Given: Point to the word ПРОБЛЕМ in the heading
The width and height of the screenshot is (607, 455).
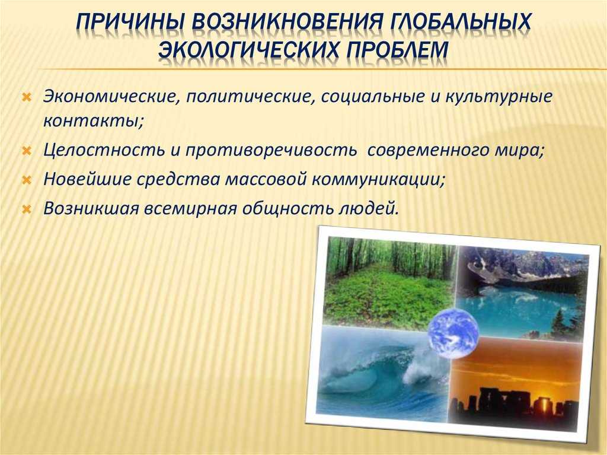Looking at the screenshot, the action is coord(398,50).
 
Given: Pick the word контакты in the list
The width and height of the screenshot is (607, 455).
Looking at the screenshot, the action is coord(93,121).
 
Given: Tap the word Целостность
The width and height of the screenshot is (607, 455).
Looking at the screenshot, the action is coord(104,149).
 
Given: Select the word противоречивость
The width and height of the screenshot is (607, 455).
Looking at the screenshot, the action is coord(270,150).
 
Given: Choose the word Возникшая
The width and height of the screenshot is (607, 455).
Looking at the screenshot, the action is coord(91,208).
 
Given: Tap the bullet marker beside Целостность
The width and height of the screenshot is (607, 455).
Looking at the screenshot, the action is coord(27,150).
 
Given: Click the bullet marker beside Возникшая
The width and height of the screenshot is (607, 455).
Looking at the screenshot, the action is coord(27,209).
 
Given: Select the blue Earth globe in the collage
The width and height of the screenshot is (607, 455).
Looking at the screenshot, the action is coord(453,333).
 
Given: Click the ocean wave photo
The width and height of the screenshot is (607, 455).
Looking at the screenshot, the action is coord(381,373).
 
